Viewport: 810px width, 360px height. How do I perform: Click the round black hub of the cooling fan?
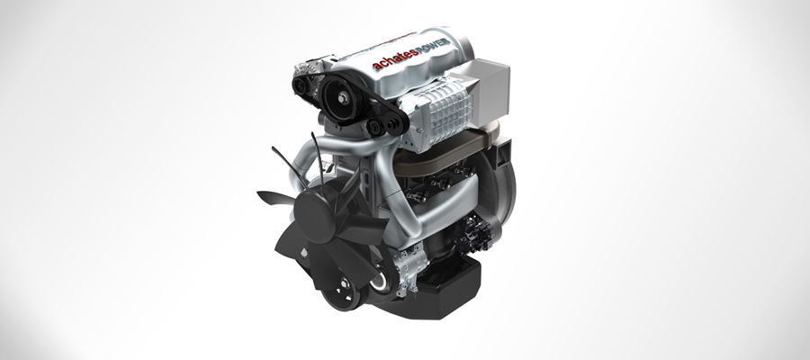[x=314, y=212]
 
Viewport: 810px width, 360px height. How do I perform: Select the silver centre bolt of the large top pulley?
[x=343, y=96]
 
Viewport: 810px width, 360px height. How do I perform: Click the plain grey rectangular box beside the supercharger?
[x=488, y=92]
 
